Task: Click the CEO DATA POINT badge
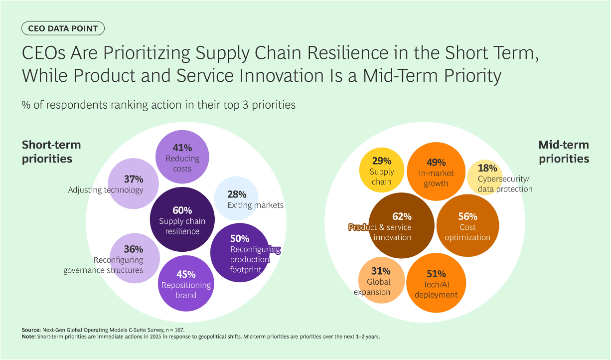click(63, 28)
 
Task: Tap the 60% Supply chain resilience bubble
click(182, 219)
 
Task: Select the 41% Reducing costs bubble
click(182, 157)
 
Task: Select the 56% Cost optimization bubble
click(467, 226)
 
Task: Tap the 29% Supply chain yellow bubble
click(382, 170)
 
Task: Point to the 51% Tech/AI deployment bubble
click(436, 283)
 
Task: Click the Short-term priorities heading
click(51, 152)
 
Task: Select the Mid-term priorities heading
click(564, 152)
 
